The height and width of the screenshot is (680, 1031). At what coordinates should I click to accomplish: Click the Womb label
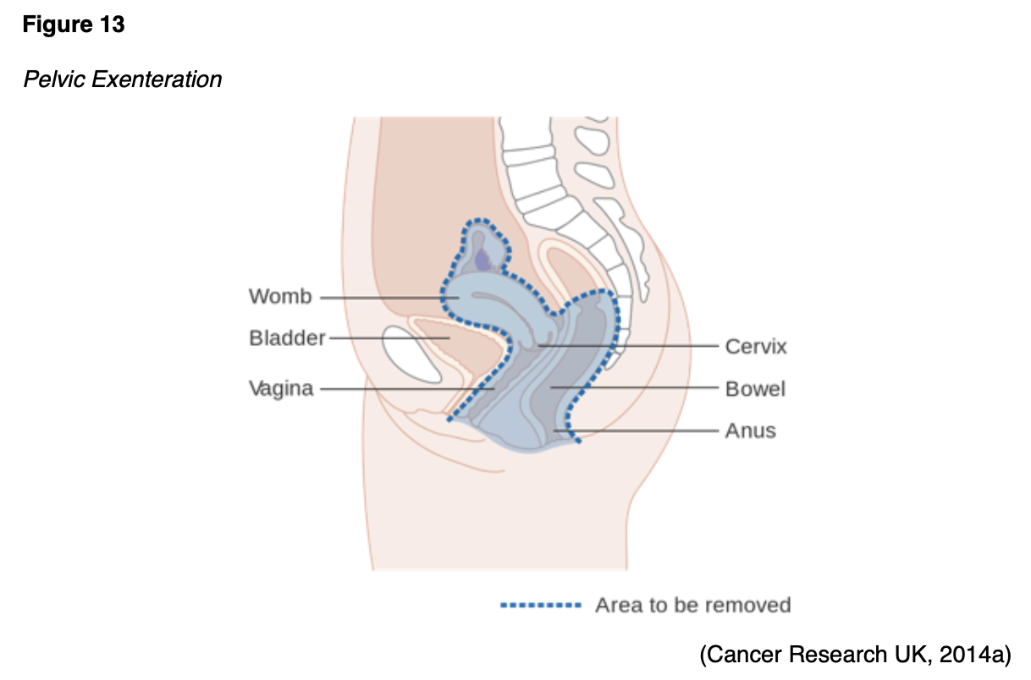(x=280, y=297)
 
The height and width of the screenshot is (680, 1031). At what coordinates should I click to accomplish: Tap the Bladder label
(x=287, y=338)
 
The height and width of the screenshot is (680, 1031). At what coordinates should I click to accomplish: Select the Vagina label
(x=281, y=389)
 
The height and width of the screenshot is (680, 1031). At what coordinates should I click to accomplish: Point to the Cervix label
(x=756, y=347)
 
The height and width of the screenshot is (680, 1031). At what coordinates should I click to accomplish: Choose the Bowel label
(x=755, y=389)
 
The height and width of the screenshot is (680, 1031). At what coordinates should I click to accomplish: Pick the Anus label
(x=750, y=431)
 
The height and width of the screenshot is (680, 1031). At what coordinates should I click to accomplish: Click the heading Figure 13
(x=74, y=25)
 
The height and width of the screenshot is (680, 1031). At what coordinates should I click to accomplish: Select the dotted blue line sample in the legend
(x=541, y=606)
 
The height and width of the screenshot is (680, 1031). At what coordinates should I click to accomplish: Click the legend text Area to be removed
(x=692, y=606)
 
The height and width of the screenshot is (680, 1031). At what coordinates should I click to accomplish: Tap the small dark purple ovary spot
(x=482, y=260)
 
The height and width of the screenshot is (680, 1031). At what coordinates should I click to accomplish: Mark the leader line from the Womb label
(x=381, y=298)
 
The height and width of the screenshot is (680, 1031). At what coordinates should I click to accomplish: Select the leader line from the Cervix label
(x=643, y=346)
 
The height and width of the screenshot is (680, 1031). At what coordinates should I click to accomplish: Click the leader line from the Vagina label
(x=398, y=389)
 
